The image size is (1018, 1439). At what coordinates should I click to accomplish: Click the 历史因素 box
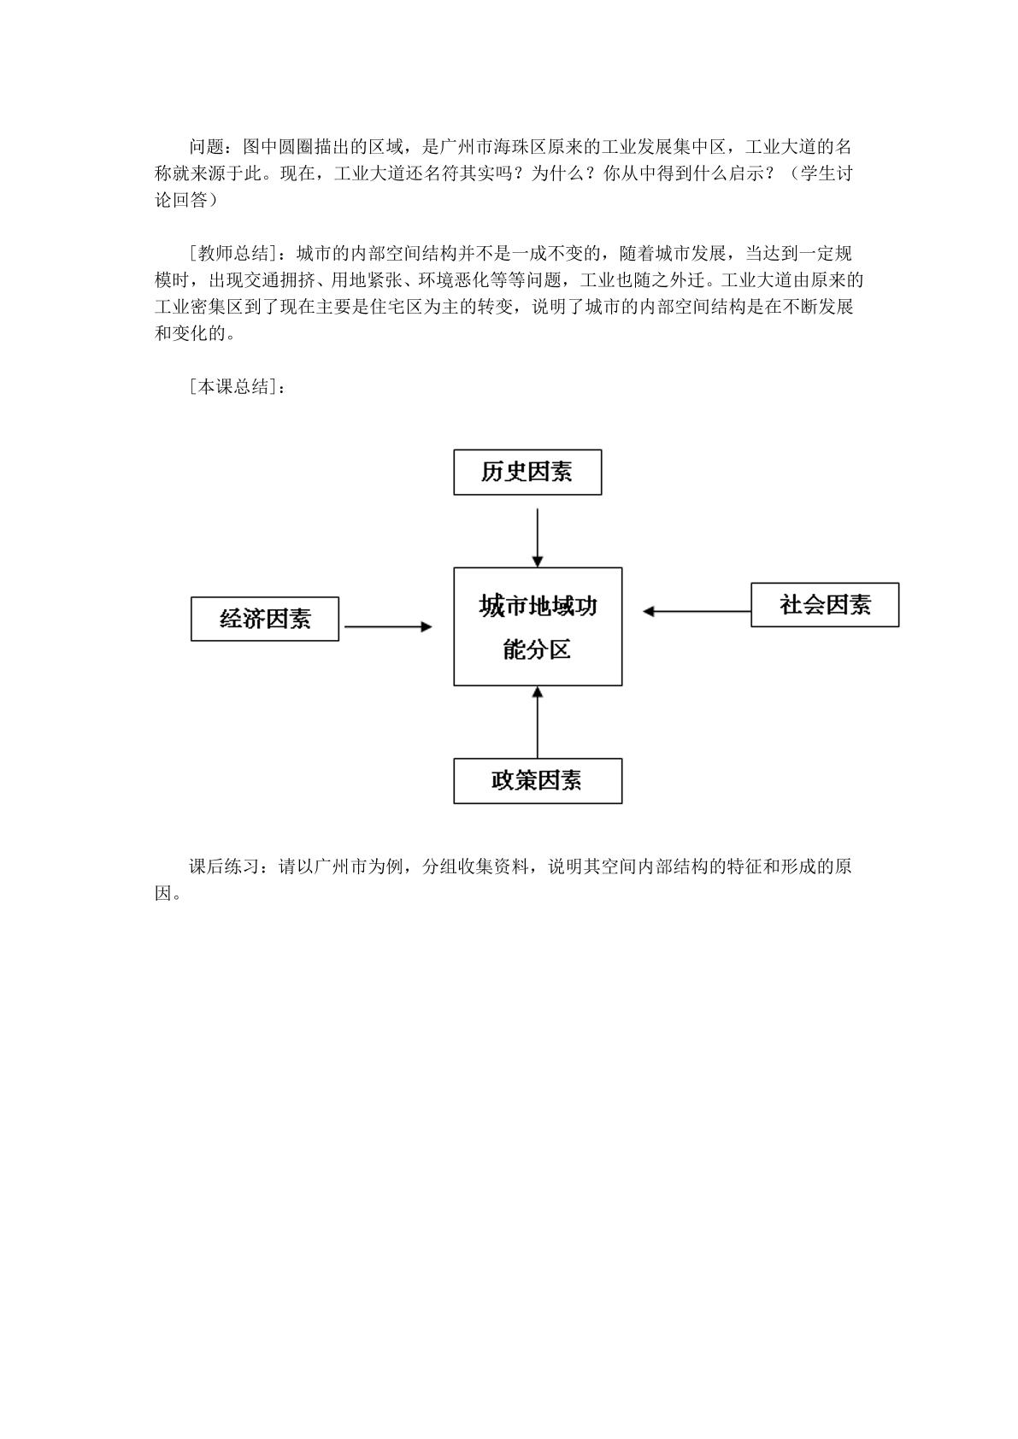coord(527,473)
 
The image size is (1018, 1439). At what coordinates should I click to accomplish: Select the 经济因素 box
coord(265,619)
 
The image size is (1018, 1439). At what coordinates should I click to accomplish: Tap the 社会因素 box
coord(825,604)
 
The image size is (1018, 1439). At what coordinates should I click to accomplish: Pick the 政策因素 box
coord(538,780)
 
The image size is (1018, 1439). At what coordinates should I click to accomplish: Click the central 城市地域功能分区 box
coord(538,626)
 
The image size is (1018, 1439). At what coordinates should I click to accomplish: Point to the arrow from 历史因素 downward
coord(538,537)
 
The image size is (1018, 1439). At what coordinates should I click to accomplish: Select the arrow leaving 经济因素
coord(388,626)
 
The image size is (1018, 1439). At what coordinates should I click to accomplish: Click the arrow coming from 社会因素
coord(697,612)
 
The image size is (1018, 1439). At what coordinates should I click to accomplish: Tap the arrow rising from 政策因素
coord(538,722)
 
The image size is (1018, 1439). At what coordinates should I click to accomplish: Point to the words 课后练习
coord(224,866)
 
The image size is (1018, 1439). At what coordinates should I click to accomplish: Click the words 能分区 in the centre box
coord(537,649)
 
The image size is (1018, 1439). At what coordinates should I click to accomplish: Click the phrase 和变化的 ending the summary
coord(190,333)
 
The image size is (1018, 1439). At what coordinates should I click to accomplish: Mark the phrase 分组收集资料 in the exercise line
coord(475,866)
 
